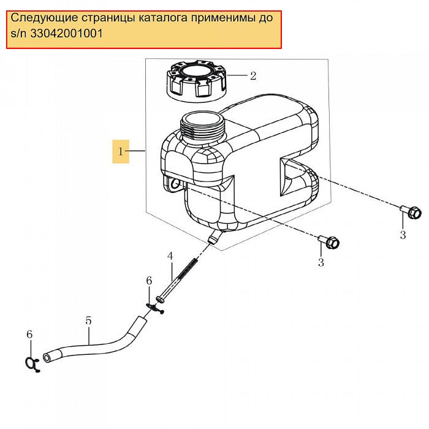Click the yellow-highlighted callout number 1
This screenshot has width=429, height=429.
point(121,151)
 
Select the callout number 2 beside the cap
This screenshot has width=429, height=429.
point(252,76)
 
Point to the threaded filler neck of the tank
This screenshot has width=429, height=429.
point(204,129)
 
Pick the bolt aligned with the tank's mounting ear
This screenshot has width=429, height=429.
point(330,242)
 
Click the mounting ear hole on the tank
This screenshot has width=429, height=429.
point(176,183)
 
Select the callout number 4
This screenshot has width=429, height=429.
point(170,256)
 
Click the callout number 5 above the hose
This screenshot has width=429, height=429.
point(88,321)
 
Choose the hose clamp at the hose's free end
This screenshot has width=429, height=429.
point(32,362)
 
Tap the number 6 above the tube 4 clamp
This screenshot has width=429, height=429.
point(148,280)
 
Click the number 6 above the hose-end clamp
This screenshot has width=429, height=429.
point(28,334)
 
